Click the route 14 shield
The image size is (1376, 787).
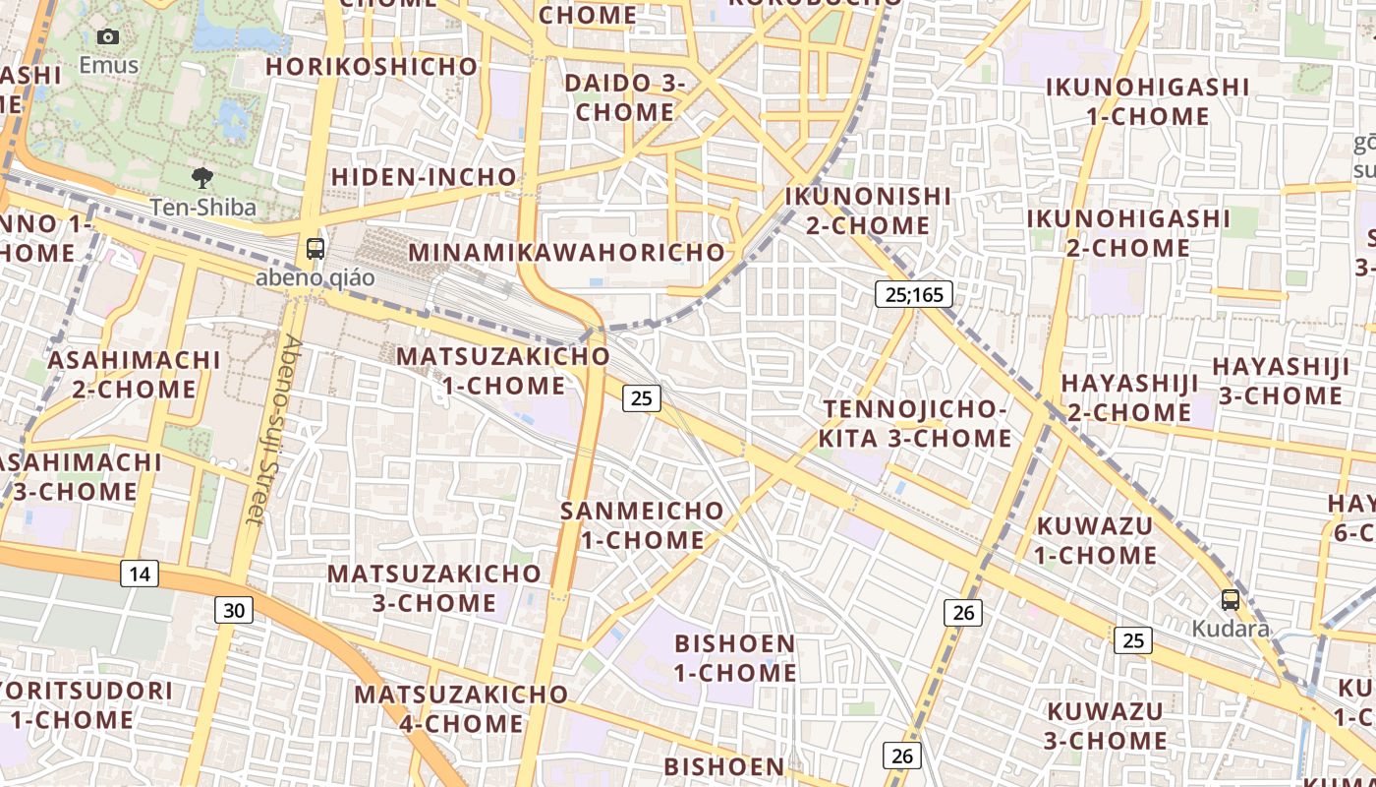coord(140,574)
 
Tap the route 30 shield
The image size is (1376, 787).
coord(234,610)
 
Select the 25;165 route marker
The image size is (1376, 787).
coord(914,293)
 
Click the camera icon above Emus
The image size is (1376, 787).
coord(108,37)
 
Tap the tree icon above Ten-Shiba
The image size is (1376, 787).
coord(202,178)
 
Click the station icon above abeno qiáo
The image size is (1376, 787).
coord(315,249)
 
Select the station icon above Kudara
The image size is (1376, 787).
coord(1230,600)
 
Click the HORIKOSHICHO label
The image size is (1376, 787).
coord(372,67)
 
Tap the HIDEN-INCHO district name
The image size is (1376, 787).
coord(424,177)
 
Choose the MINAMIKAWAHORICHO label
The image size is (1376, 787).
coord(567,252)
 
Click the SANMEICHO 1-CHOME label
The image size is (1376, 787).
coord(642,525)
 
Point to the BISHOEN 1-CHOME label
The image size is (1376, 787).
coord(735,658)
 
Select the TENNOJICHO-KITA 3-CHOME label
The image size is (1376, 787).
coord(916,423)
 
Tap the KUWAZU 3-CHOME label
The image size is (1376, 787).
coord(1106,725)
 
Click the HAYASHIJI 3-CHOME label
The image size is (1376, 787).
coord(1281,381)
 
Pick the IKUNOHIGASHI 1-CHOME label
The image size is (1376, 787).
coord(1147,101)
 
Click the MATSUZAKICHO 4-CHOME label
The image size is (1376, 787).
coord(461,708)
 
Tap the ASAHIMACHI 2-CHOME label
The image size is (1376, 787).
coord(134,374)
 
